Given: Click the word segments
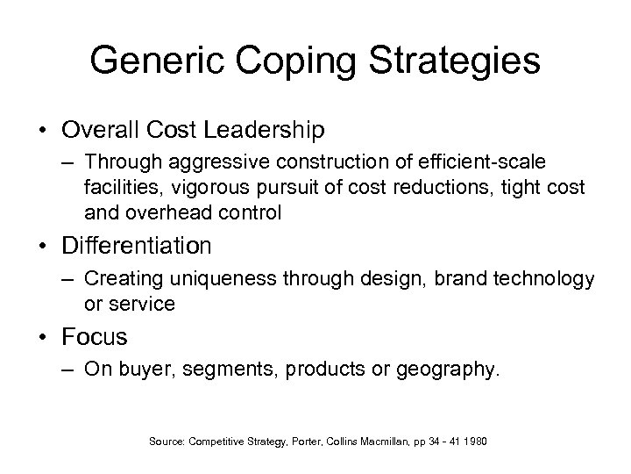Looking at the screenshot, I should (216, 370).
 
